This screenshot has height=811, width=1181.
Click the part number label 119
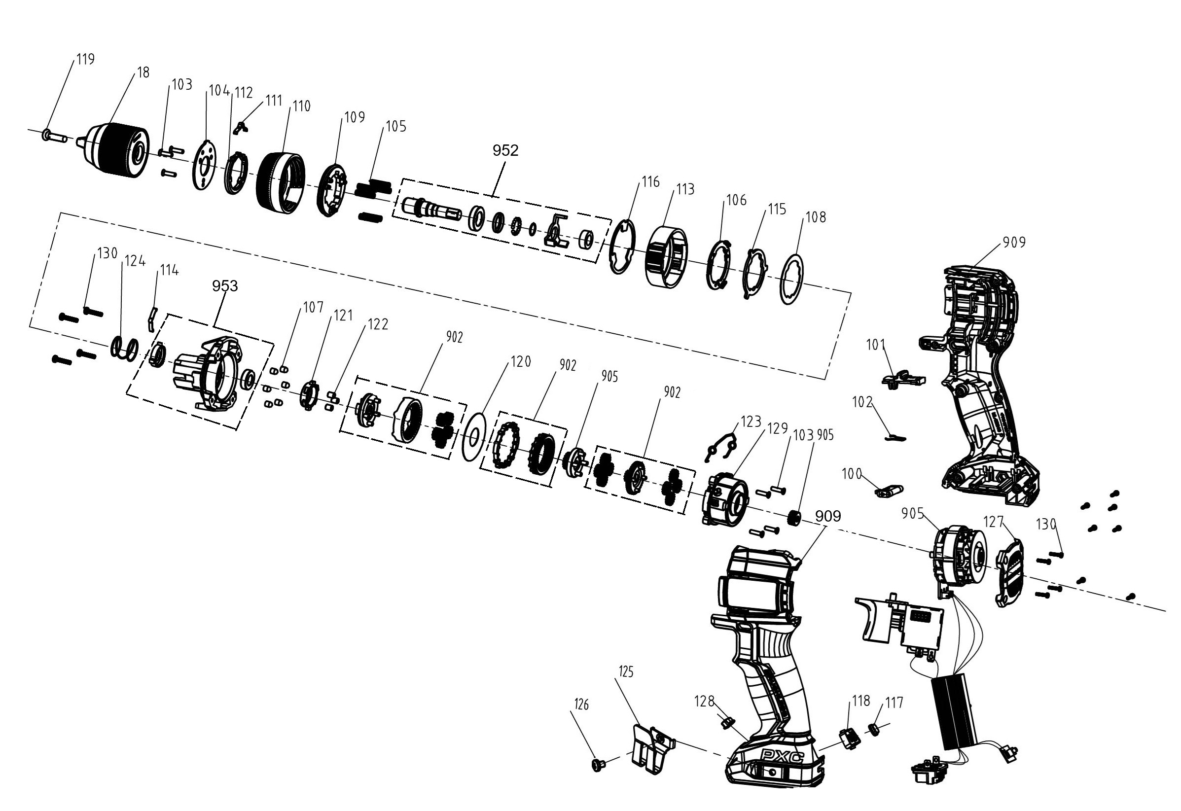[85, 60]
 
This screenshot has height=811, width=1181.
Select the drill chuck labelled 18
[118, 151]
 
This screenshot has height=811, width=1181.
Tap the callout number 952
[505, 150]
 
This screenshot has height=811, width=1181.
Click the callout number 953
[225, 286]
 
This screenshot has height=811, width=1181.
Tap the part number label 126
[581, 705]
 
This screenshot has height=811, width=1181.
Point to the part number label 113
[685, 190]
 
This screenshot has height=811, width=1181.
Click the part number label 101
[876, 346]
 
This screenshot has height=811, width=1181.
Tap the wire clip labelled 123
[721, 446]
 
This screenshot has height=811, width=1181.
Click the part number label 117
[894, 703]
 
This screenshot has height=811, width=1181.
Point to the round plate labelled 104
[204, 165]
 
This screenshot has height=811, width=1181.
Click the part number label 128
[704, 701]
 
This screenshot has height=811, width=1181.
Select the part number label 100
[852, 474]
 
